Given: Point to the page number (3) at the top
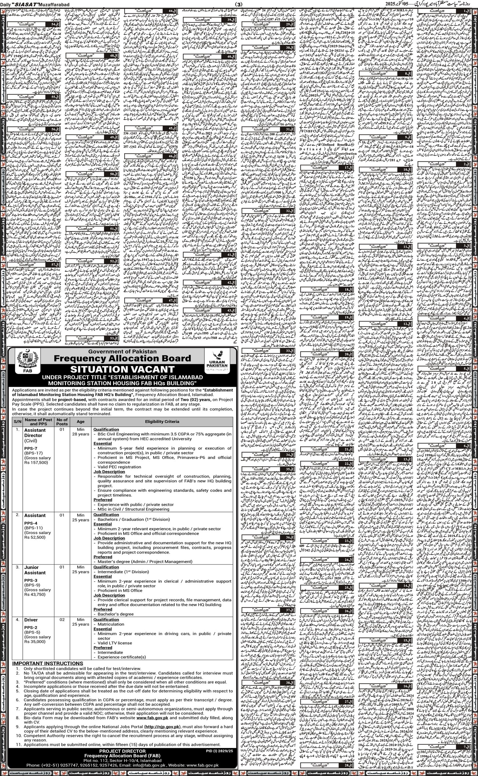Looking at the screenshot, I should coord(239,4).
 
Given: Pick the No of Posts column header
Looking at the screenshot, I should coord(62,421).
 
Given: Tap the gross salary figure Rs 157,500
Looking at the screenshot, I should coord(36,463).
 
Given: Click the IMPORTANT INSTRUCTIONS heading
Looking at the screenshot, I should coord(47,663).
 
